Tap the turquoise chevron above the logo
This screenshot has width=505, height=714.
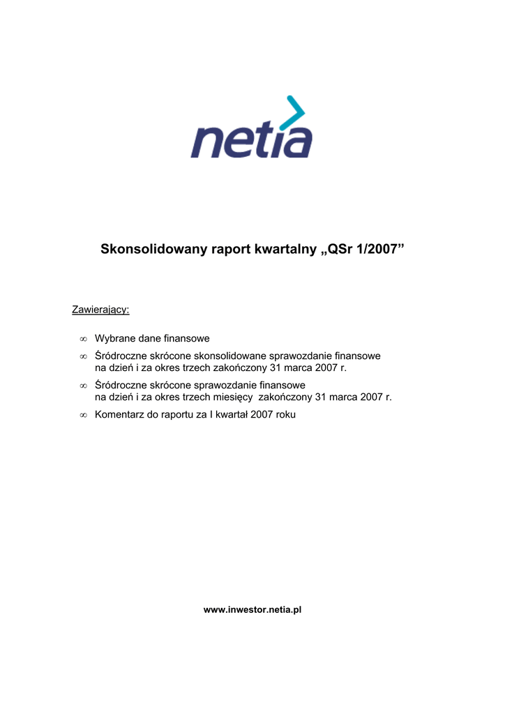pos(295,111)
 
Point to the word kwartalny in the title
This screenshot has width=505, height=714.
pos(282,249)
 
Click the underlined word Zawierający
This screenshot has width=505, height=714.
pos(100,309)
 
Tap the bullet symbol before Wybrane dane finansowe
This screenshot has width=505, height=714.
pos(82,339)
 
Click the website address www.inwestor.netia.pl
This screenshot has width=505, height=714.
pos(252,609)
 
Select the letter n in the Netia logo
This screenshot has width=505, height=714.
pos(206,142)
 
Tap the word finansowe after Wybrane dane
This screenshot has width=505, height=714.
pos(187,338)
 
